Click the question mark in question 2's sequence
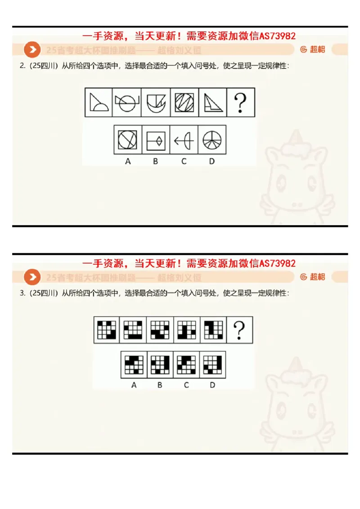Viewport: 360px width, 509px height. click(241, 103)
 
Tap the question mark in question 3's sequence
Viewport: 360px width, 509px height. click(239, 330)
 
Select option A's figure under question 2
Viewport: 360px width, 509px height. click(128, 140)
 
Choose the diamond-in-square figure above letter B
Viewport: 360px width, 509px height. click(156, 140)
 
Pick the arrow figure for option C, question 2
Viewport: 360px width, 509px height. click(184, 140)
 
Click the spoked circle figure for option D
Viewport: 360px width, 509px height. click(211, 140)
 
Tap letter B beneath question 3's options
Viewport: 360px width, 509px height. click(160, 385)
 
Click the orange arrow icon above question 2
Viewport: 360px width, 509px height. click(32, 50)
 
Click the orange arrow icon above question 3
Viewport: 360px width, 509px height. click(32, 277)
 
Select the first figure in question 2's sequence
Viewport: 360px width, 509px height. click(99, 103)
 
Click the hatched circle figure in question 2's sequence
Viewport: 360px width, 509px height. click(184, 103)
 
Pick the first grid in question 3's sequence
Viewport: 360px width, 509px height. click(107, 330)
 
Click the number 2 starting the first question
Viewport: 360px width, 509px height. click(22, 66)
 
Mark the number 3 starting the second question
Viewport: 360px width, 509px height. click(22, 293)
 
